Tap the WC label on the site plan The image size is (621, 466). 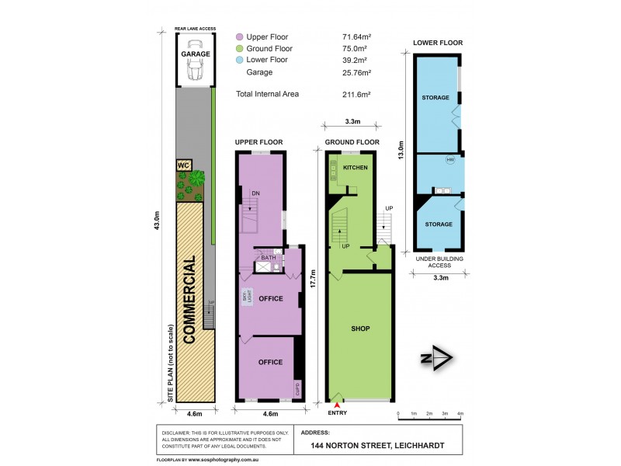184,165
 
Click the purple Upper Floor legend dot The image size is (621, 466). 240,37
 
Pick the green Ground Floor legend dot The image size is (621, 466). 240,48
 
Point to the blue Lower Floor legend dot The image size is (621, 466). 240,60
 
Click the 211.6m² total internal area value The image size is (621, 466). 356,94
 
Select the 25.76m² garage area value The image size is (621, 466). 357,72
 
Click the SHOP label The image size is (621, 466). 359,329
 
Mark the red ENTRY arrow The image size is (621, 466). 337,402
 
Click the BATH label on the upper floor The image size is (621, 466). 269,258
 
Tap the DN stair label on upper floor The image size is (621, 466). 255,193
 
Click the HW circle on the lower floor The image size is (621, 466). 449,161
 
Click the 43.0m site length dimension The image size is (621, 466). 157,221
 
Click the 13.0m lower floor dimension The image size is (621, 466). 401,149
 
